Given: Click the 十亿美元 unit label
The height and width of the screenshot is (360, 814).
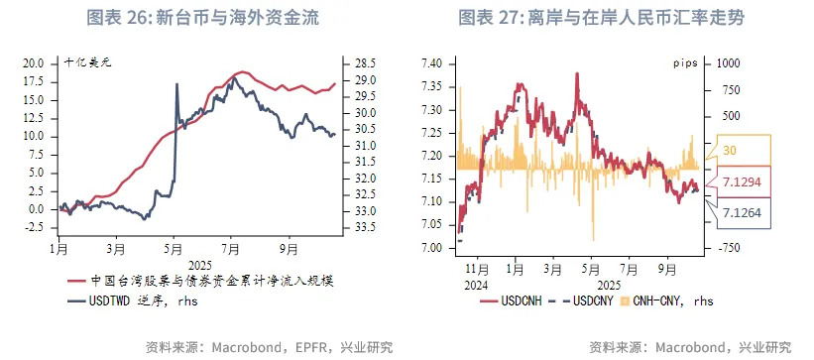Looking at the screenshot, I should (x=89, y=62).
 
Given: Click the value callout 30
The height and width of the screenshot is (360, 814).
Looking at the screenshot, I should (x=730, y=150).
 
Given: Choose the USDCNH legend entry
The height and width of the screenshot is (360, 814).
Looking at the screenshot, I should (x=523, y=300).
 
